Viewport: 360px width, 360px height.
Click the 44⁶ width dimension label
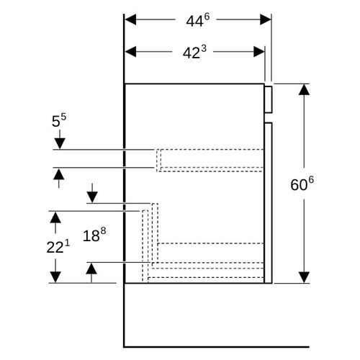pos(197,20)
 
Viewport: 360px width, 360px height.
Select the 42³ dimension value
pos(194,52)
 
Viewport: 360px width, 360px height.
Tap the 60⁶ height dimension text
pos(302,184)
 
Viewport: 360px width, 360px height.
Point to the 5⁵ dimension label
pos(59,120)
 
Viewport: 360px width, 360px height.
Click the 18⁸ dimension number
pos(94,235)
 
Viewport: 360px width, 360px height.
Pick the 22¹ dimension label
pos(58,246)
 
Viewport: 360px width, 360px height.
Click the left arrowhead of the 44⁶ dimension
pos(130,19)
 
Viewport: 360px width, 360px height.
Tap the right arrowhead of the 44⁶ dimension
pos(266,19)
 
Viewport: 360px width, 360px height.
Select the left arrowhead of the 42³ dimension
pos(130,52)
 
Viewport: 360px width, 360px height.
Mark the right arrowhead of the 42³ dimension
pos(259,52)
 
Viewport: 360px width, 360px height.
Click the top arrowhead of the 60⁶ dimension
pos(304,89)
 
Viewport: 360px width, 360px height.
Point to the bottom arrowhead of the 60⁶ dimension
pos(304,277)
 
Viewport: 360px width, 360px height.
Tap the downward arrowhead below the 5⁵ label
pos(60,144)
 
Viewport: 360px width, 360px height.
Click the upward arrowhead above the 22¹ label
pos(55,217)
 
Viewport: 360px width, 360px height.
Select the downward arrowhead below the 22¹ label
pos(55,277)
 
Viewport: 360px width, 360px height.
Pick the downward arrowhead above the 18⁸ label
pos(92,197)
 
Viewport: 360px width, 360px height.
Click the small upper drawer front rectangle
pos(269,99)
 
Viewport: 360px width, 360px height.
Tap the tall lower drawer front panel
pos(269,203)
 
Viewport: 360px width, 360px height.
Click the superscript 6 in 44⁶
pos(207,17)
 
